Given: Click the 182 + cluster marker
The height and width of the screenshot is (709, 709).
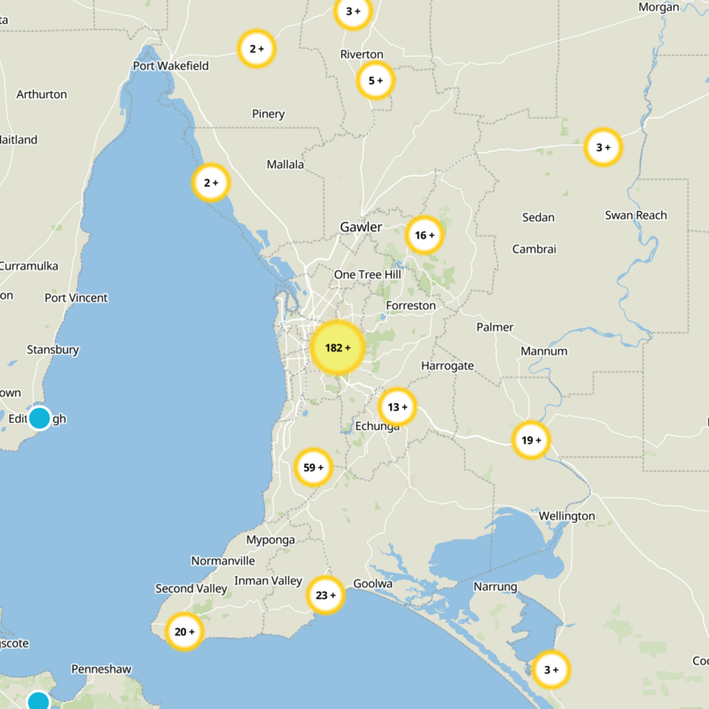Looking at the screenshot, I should tap(338, 348).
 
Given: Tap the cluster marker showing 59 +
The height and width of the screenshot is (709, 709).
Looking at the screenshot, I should tap(314, 467).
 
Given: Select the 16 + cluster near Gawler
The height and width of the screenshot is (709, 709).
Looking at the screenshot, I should tap(425, 236).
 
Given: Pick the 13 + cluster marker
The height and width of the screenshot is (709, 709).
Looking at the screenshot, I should tap(397, 407).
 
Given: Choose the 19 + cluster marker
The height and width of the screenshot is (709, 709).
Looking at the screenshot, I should tap(531, 440).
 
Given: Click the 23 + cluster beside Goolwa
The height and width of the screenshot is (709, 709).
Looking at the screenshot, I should tap(325, 596).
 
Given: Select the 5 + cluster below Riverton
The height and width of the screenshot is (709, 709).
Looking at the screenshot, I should tap(375, 81).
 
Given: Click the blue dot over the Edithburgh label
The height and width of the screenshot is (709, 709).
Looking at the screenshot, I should tap(39, 417).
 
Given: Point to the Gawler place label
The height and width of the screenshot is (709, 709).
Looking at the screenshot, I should tap(361, 228).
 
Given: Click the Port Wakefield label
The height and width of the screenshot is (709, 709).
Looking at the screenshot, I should tap(171, 66).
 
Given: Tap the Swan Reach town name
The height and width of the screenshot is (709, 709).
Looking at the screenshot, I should tap(635, 215).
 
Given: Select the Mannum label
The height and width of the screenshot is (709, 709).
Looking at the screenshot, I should tap(543, 351).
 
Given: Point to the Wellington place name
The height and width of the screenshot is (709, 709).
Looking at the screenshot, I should tap(566, 516).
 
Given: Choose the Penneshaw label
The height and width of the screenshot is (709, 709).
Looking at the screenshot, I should tap(101, 669).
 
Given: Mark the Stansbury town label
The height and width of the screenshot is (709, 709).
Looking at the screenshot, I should tap(53, 350).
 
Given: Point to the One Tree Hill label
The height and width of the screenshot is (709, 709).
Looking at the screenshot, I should tap(367, 275).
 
